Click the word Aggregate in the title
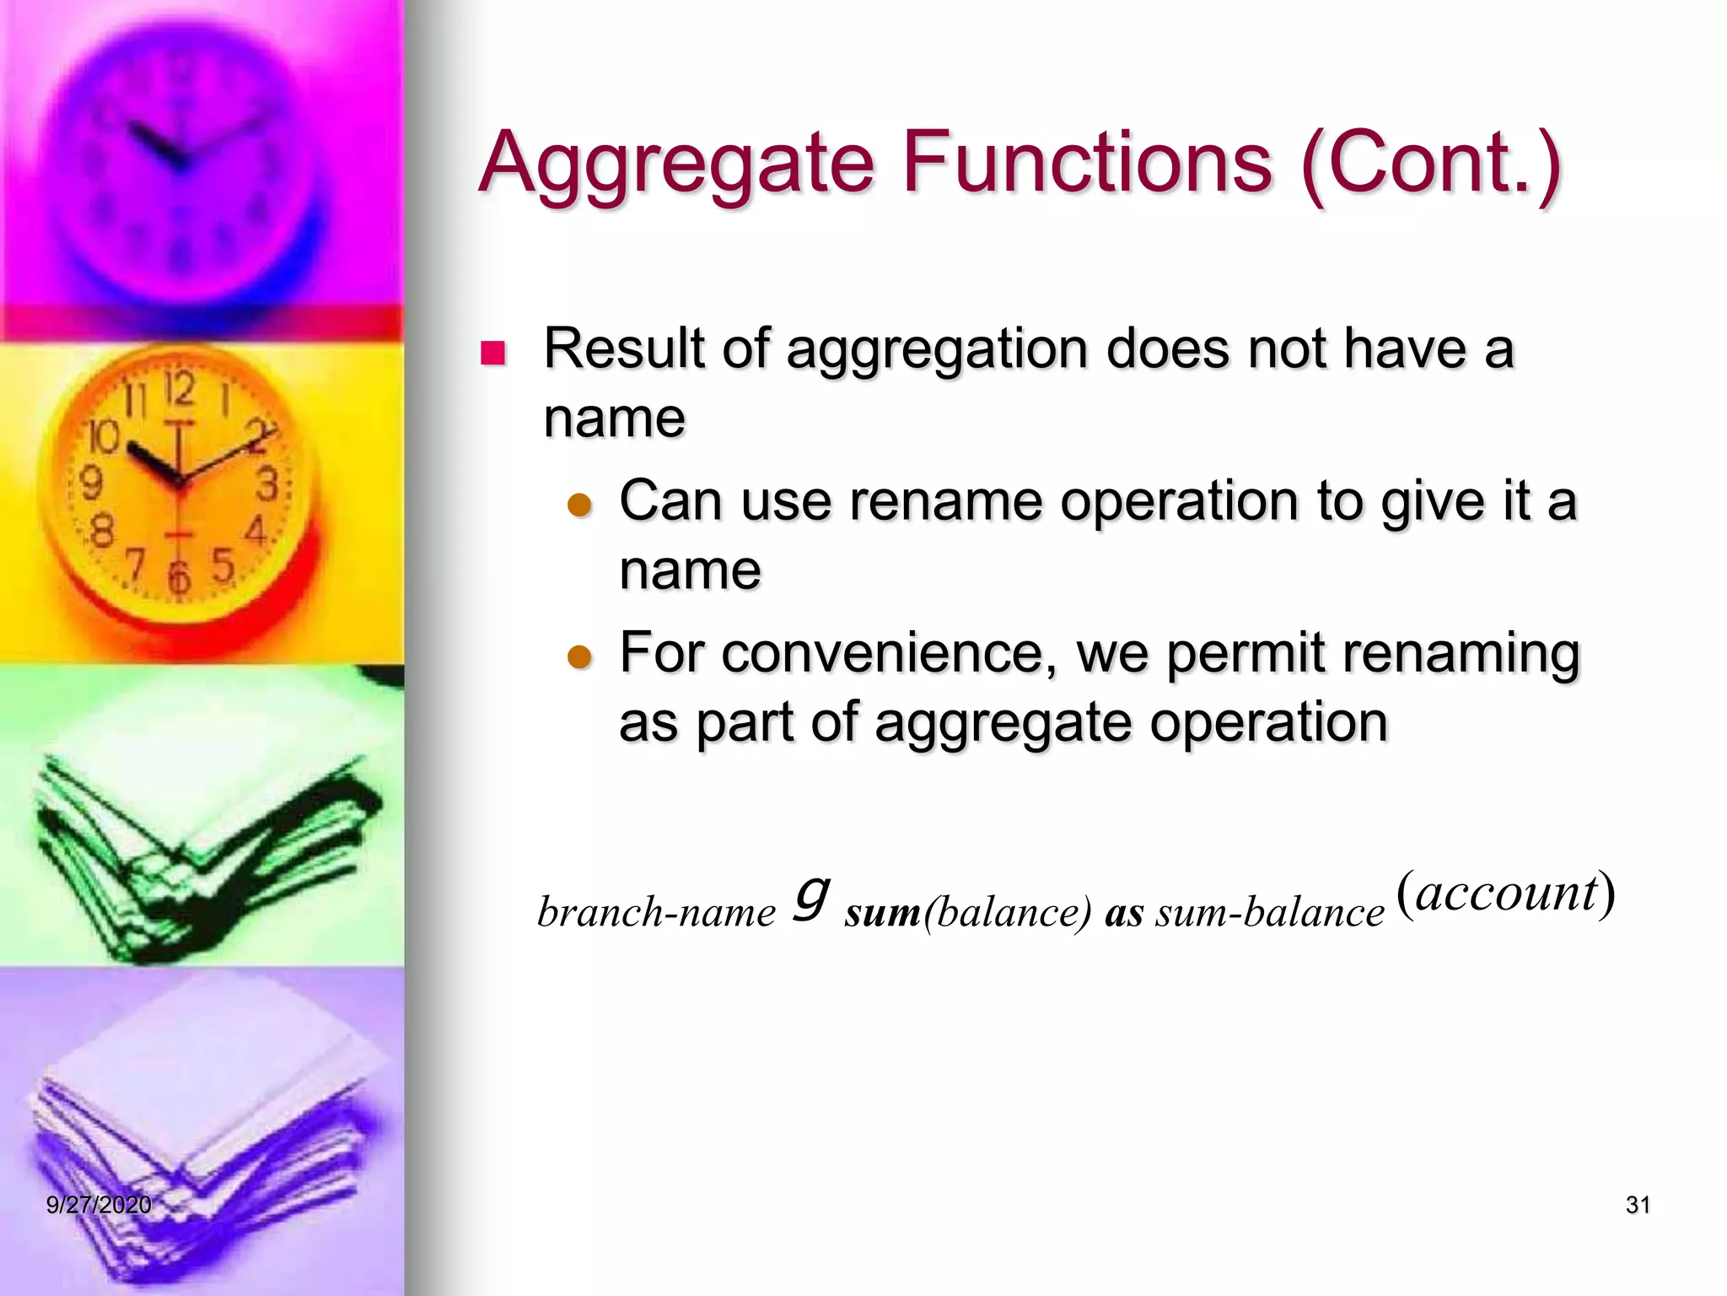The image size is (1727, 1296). pyautogui.click(x=677, y=162)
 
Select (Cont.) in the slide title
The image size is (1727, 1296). pyautogui.click(x=1431, y=162)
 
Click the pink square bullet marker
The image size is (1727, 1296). pyautogui.click(x=492, y=353)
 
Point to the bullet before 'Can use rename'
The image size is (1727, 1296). pyautogui.click(x=580, y=505)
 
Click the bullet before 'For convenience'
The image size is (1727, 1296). pyautogui.click(x=580, y=656)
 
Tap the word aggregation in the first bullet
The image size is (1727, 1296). pyautogui.click(x=936, y=350)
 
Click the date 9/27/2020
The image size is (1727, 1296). pyautogui.click(x=99, y=1205)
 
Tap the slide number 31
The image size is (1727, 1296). pyautogui.click(x=1637, y=1205)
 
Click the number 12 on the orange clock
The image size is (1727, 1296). pyautogui.click(x=180, y=390)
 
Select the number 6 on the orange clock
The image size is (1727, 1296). pyautogui.click(x=178, y=578)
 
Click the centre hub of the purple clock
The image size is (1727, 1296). pyautogui.click(x=179, y=160)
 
